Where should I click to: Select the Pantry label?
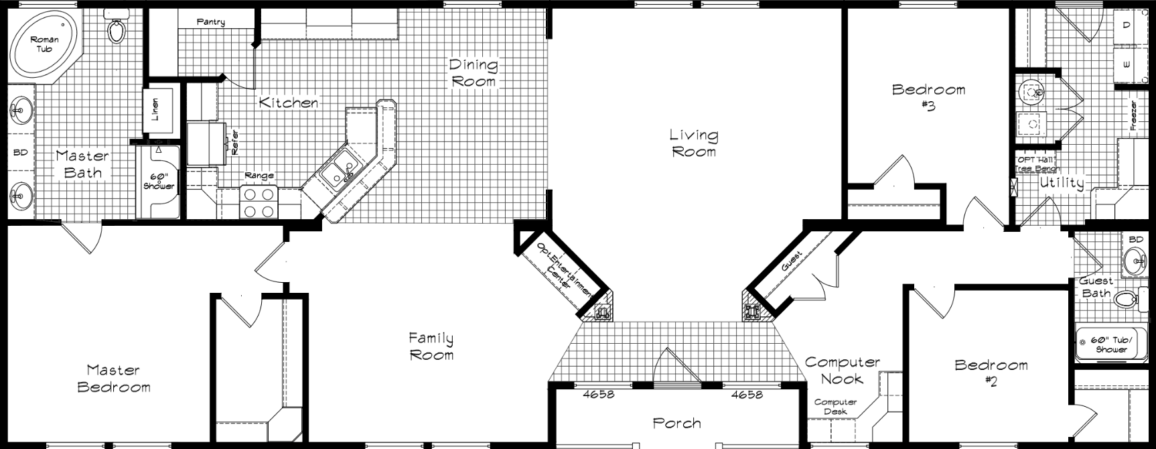(210, 22)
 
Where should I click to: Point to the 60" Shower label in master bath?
(159, 181)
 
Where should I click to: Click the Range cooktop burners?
(259, 202)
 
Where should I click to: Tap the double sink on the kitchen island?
(338, 170)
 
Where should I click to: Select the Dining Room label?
(474, 73)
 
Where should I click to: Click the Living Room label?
(693, 143)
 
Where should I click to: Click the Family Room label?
(431, 346)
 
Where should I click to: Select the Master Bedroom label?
(114, 378)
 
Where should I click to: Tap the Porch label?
(676, 423)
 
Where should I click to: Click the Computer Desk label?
(835, 406)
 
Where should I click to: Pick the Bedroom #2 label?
(991, 373)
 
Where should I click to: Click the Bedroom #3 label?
(928, 97)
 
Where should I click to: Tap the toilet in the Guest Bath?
(1129, 300)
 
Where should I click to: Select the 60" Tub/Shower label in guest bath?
(1111, 344)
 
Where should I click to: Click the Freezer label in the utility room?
(1133, 115)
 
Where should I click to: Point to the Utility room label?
(1062, 183)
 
